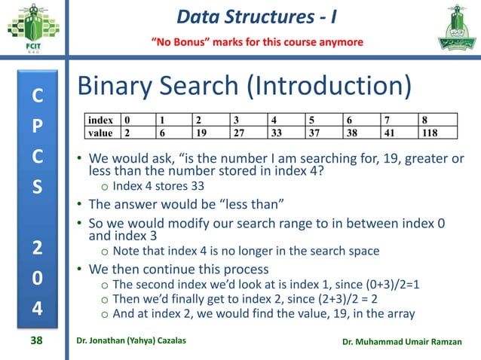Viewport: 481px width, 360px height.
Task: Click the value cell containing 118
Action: [438, 133]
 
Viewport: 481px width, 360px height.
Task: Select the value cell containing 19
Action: [211, 133]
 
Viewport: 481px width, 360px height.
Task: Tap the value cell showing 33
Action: [286, 133]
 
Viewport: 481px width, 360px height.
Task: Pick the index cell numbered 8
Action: [438, 120]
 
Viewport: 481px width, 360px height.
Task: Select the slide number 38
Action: [35, 342]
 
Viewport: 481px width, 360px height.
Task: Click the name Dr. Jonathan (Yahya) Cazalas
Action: [144, 343]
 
